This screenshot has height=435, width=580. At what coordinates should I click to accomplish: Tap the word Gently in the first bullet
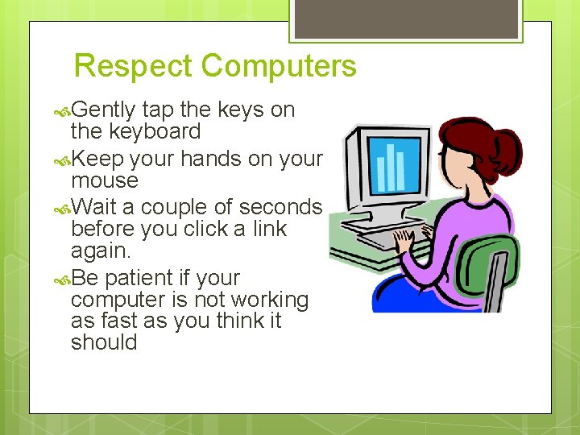tap(103, 110)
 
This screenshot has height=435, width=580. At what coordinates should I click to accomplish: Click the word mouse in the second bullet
tap(105, 180)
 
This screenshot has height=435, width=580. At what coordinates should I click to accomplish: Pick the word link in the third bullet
tap(270, 229)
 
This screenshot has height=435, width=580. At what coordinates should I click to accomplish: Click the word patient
tap(139, 278)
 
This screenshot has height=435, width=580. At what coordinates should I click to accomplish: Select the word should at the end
tap(104, 342)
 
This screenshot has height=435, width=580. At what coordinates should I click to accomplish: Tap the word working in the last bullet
tap(269, 300)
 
